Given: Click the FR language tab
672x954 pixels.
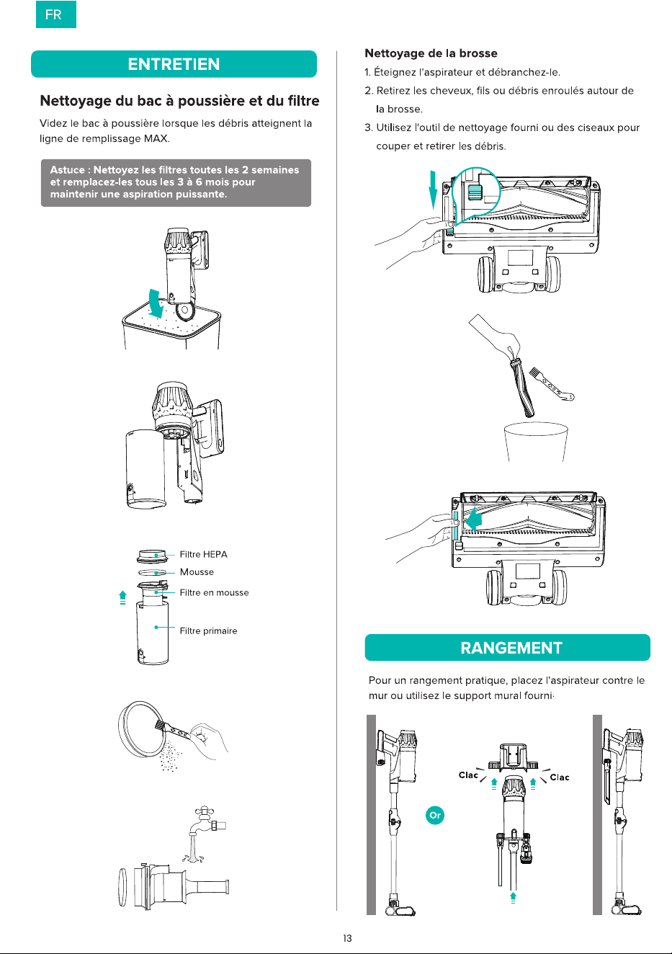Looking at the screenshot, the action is (x=55, y=14).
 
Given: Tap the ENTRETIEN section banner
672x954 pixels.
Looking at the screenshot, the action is (x=174, y=64).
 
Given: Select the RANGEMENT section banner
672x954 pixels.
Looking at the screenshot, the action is (x=507, y=647).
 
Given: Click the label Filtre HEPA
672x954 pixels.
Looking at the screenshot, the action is (x=203, y=554).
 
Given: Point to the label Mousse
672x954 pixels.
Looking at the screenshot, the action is (x=197, y=571).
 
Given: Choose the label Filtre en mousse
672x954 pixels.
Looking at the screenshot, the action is (x=214, y=592).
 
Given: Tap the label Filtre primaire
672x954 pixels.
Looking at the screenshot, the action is (x=208, y=630).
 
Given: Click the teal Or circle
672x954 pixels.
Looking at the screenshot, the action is (x=435, y=815).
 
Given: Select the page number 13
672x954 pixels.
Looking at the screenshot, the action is (x=347, y=938).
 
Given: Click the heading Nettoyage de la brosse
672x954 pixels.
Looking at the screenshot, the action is (x=431, y=53).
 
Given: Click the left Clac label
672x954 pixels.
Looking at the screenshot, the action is (x=468, y=775).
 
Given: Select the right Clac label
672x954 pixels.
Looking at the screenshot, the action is (x=559, y=777).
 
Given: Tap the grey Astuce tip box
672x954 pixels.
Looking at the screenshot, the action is (x=176, y=183).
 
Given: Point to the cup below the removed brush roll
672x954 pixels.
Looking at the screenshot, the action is (x=536, y=441).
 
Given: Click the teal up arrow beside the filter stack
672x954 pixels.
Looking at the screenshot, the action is (x=122, y=597).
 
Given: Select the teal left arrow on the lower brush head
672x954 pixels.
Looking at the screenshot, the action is (x=473, y=521).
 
